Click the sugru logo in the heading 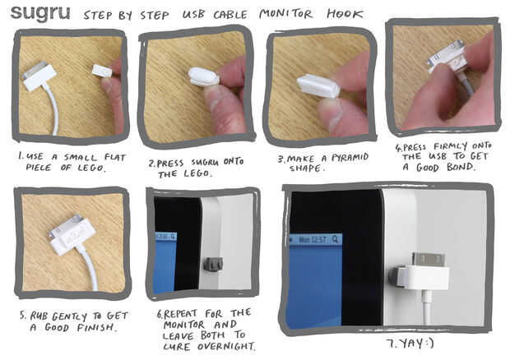click(x=40, y=13)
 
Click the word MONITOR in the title click(x=286, y=14)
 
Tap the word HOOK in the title click(x=345, y=14)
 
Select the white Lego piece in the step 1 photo click(x=102, y=71)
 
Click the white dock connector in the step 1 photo click(x=39, y=76)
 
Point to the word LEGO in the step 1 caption click(x=91, y=168)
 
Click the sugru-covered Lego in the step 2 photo click(x=202, y=76)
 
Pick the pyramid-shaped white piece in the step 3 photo click(x=318, y=85)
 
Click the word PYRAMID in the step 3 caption click(x=350, y=158)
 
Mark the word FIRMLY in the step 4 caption click(x=450, y=146)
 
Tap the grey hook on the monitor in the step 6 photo click(x=213, y=264)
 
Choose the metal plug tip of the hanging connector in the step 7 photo click(x=429, y=259)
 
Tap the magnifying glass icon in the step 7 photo click(x=335, y=239)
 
